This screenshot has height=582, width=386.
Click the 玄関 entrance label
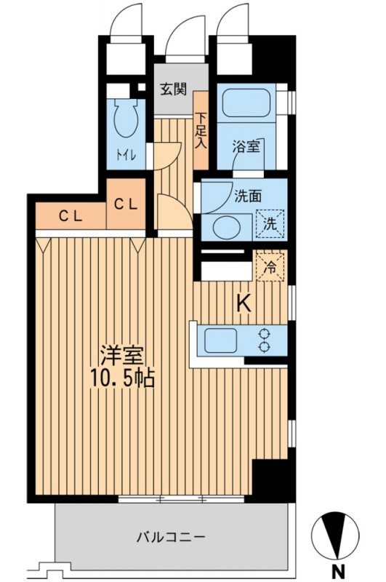pyautogui.click(x=173, y=89)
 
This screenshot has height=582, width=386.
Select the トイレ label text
pyautogui.click(x=126, y=155)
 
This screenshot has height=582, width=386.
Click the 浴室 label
pyautogui.click(x=246, y=147)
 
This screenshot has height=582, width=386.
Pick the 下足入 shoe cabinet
pyautogui.click(x=201, y=130)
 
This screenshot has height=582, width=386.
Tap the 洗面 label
pyautogui.click(x=248, y=196)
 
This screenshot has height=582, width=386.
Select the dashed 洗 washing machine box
pyautogui.click(x=270, y=224)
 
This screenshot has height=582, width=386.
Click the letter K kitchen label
pyautogui.click(x=244, y=304)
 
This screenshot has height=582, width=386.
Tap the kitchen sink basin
pyautogui.click(x=220, y=340)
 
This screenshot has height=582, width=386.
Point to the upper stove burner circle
pyautogui.click(x=264, y=334)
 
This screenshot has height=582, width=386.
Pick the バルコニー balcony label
pyautogui.click(x=171, y=537)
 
